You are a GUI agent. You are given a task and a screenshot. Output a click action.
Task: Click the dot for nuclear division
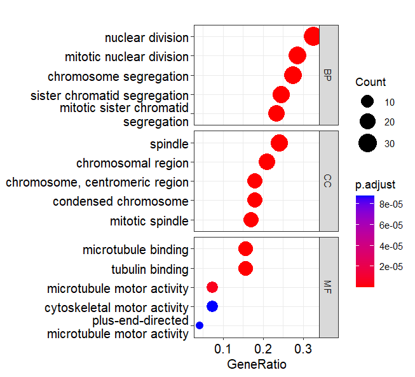tap(312, 37)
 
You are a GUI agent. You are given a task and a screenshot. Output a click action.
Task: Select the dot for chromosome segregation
tap(292, 75)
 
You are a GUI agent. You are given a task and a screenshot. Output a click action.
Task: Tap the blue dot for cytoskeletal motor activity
tap(212, 306)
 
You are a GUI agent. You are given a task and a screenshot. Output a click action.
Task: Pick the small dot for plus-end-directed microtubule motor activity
tap(200, 325)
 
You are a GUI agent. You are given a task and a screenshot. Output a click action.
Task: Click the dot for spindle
tap(279, 143)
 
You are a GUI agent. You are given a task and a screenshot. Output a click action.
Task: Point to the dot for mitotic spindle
tap(251, 220)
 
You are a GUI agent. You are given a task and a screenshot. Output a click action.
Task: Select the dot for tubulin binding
tap(245, 268)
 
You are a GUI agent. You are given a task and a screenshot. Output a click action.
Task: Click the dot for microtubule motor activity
tap(212, 287)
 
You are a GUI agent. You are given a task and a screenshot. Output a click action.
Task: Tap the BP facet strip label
tap(328, 75)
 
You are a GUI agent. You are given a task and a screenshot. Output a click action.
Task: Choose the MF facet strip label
tap(328, 287)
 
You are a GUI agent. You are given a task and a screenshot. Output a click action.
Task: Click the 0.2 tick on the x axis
tap(263, 350)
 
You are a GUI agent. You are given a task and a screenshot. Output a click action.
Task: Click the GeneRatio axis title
tap(256, 365)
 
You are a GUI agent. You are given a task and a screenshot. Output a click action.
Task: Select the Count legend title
tap(371, 82)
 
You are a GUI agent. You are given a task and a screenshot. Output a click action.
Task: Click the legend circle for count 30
tap(367, 143)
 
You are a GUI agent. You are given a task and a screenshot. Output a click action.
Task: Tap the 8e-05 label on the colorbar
tap(390, 204)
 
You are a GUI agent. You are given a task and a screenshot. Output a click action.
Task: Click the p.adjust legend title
tap(376, 185)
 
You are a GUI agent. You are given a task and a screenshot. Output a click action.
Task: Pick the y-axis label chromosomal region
tap(132, 163)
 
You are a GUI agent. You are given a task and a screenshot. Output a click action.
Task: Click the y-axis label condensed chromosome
tap(121, 201)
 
